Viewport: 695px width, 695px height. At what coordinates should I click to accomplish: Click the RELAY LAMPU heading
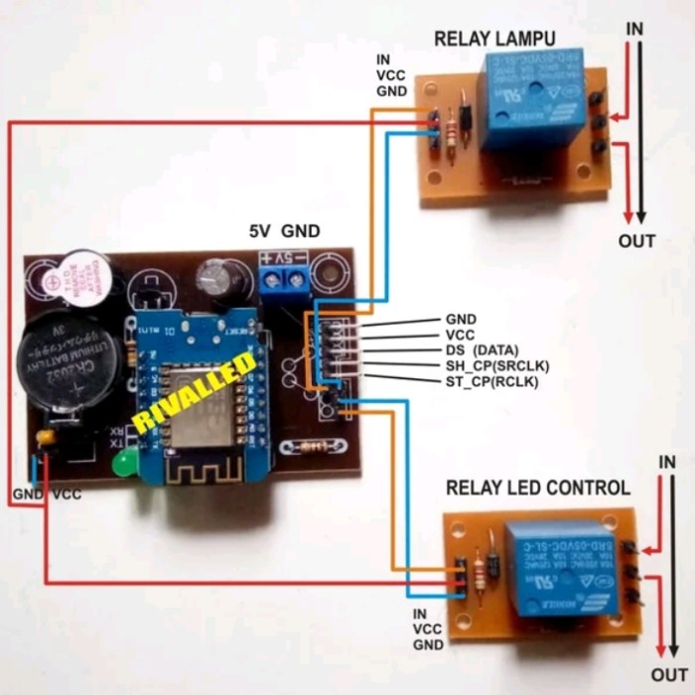494,39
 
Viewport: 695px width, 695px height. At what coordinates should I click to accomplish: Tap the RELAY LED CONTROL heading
537,487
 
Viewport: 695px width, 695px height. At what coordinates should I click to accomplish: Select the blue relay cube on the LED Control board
555,570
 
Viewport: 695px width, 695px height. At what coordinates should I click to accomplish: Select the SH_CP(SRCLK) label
496,365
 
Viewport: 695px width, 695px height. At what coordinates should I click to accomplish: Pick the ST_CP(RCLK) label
492,380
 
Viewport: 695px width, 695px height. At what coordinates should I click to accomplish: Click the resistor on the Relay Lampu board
456,130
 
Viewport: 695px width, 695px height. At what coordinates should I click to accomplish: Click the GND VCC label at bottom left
46,493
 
